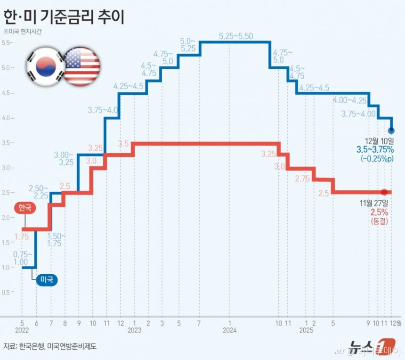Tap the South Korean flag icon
[x=45, y=66]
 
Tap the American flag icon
[x=81, y=66]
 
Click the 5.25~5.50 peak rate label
[x=236, y=35]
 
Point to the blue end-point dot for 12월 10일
[x=391, y=130]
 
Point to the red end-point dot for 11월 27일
[x=385, y=192]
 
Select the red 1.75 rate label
[x=22, y=237]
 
